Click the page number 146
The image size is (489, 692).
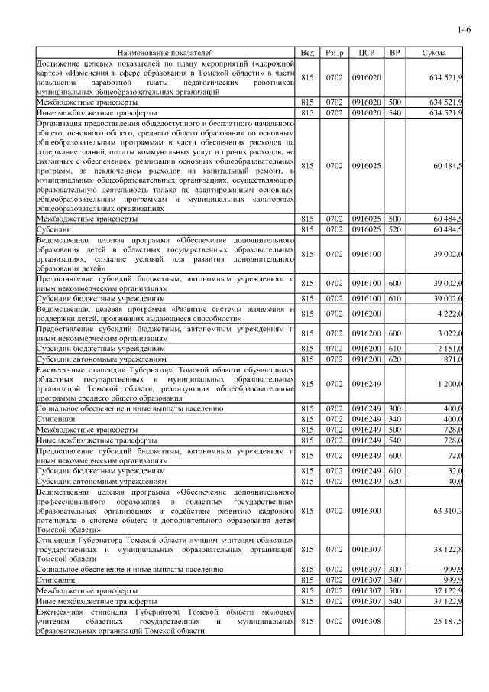tap(463, 30)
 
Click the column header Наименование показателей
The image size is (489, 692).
tap(166, 52)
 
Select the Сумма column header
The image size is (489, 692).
tap(439, 52)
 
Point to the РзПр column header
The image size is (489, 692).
tap(335, 52)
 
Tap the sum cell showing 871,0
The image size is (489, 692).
tap(452, 358)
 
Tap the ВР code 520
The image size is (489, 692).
tap(395, 229)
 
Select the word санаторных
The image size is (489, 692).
tap(267, 199)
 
